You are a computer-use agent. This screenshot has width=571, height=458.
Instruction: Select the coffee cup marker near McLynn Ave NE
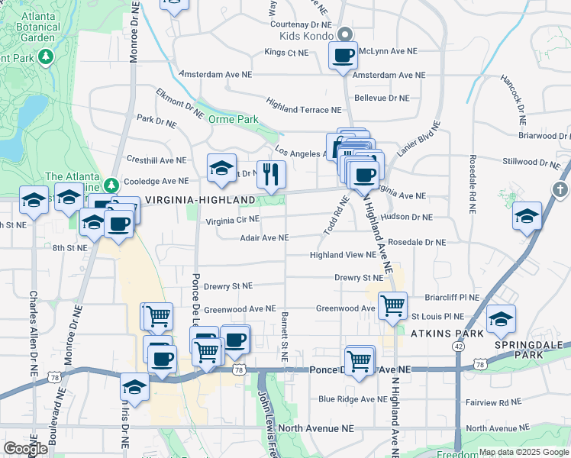click(343, 56)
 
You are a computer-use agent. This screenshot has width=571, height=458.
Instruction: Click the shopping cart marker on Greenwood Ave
click(392, 305)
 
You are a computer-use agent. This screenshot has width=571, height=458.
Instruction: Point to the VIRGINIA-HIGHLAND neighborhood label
click(199, 200)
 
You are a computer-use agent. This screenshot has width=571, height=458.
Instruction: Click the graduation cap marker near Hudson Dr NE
click(527, 216)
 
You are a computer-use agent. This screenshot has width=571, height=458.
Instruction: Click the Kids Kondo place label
click(308, 36)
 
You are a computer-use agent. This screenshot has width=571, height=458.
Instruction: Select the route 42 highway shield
click(457, 346)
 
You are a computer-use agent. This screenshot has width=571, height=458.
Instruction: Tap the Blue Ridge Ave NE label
click(353, 398)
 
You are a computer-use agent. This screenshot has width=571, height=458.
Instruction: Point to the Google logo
click(25, 448)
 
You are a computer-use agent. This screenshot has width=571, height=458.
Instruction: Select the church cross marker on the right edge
click(560, 189)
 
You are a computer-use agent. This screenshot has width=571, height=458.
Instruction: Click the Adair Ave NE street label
click(264, 238)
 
